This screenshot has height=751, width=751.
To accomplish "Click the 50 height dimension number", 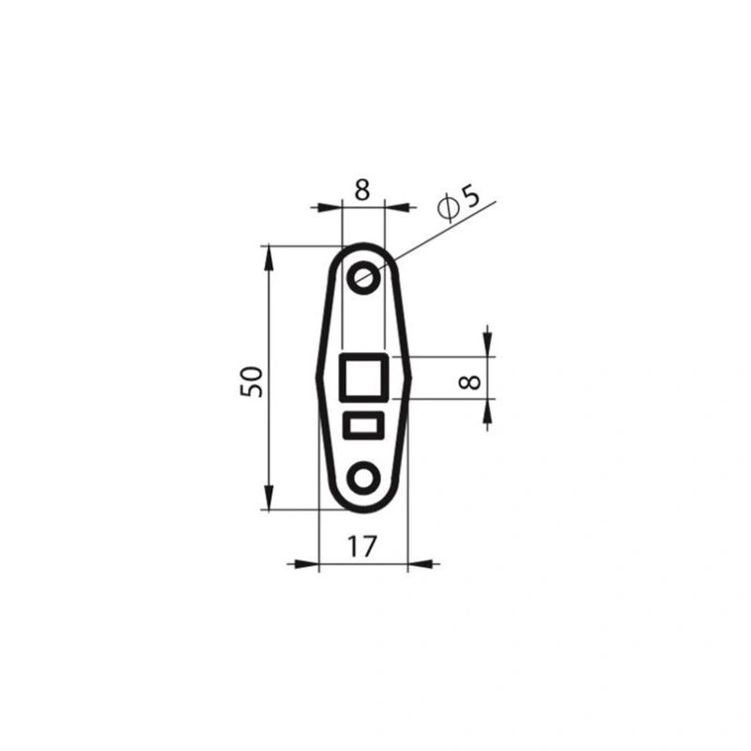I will [x=252, y=379].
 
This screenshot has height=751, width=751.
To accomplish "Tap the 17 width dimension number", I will [x=362, y=546].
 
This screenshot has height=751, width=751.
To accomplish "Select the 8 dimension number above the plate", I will [x=362, y=189].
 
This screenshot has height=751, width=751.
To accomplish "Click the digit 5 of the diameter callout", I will [x=469, y=198].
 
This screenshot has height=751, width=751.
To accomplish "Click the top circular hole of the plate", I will [x=364, y=277].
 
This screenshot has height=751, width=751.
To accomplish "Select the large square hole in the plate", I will [x=363, y=377].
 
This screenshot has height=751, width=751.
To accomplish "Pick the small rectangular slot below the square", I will [x=363, y=425].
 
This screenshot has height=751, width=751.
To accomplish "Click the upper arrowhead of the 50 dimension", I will [x=269, y=258].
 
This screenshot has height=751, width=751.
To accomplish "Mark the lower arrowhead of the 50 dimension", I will [x=269, y=498].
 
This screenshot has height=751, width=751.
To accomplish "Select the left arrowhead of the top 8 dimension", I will [x=330, y=207].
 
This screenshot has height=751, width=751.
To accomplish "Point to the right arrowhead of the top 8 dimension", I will [x=398, y=207].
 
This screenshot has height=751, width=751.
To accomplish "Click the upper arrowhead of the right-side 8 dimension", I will [x=487, y=345].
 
